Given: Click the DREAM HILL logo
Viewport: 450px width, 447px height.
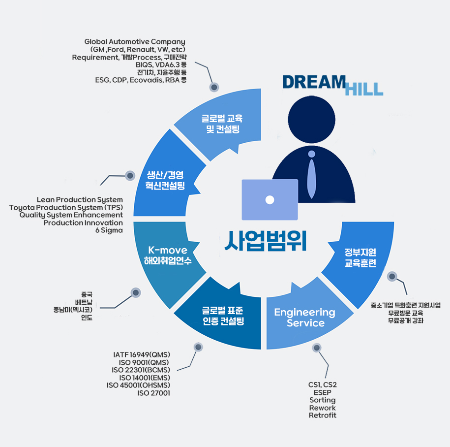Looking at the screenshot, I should [x=332, y=84].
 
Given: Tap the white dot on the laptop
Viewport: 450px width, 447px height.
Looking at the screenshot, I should [x=270, y=199].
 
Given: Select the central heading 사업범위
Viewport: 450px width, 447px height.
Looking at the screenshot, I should [x=266, y=240].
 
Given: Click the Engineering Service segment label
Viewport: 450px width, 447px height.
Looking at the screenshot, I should [x=305, y=318].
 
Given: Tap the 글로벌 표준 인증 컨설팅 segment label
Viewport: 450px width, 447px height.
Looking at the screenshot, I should [x=223, y=316].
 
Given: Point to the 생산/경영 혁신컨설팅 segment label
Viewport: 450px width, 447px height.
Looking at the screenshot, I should [x=165, y=180].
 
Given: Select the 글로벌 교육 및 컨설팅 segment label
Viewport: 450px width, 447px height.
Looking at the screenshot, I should [x=222, y=124].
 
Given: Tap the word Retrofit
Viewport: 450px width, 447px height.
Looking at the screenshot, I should [x=323, y=415].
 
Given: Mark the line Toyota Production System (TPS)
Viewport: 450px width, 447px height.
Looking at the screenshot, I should [x=66, y=207].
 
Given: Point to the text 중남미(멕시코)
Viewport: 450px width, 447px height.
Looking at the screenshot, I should [x=73, y=310].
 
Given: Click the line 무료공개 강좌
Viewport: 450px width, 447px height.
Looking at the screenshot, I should [x=406, y=320].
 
